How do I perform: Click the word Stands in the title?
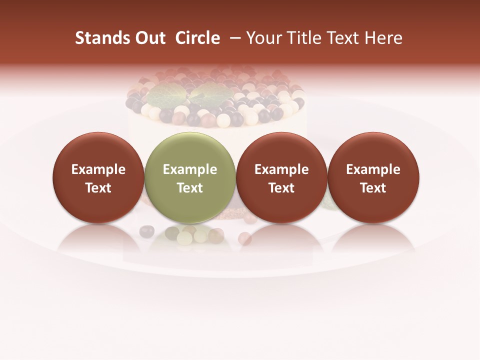click(95, 38)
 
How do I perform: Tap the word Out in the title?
click(149, 38)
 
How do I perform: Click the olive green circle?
click(189, 150)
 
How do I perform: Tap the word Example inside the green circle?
click(190, 169)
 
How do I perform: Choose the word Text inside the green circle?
click(190, 188)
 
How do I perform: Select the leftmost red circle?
click(98, 150)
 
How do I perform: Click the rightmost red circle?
click(373, 150)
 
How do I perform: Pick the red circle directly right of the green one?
click(281, 150)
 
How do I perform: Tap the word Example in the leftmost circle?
click(98, 169)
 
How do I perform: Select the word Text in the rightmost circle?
click(373, 188)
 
